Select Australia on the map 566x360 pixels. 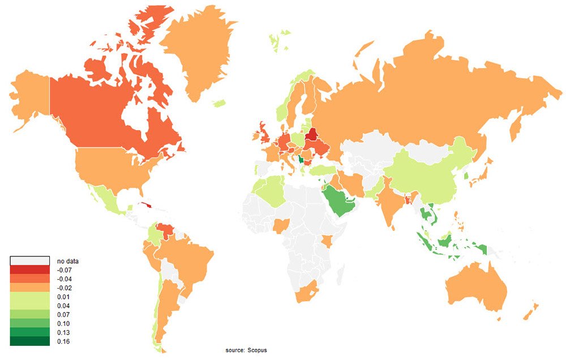tap(476, 286)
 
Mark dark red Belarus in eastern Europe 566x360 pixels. tap(311, 136)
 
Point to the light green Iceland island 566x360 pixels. tap(220, 103)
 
